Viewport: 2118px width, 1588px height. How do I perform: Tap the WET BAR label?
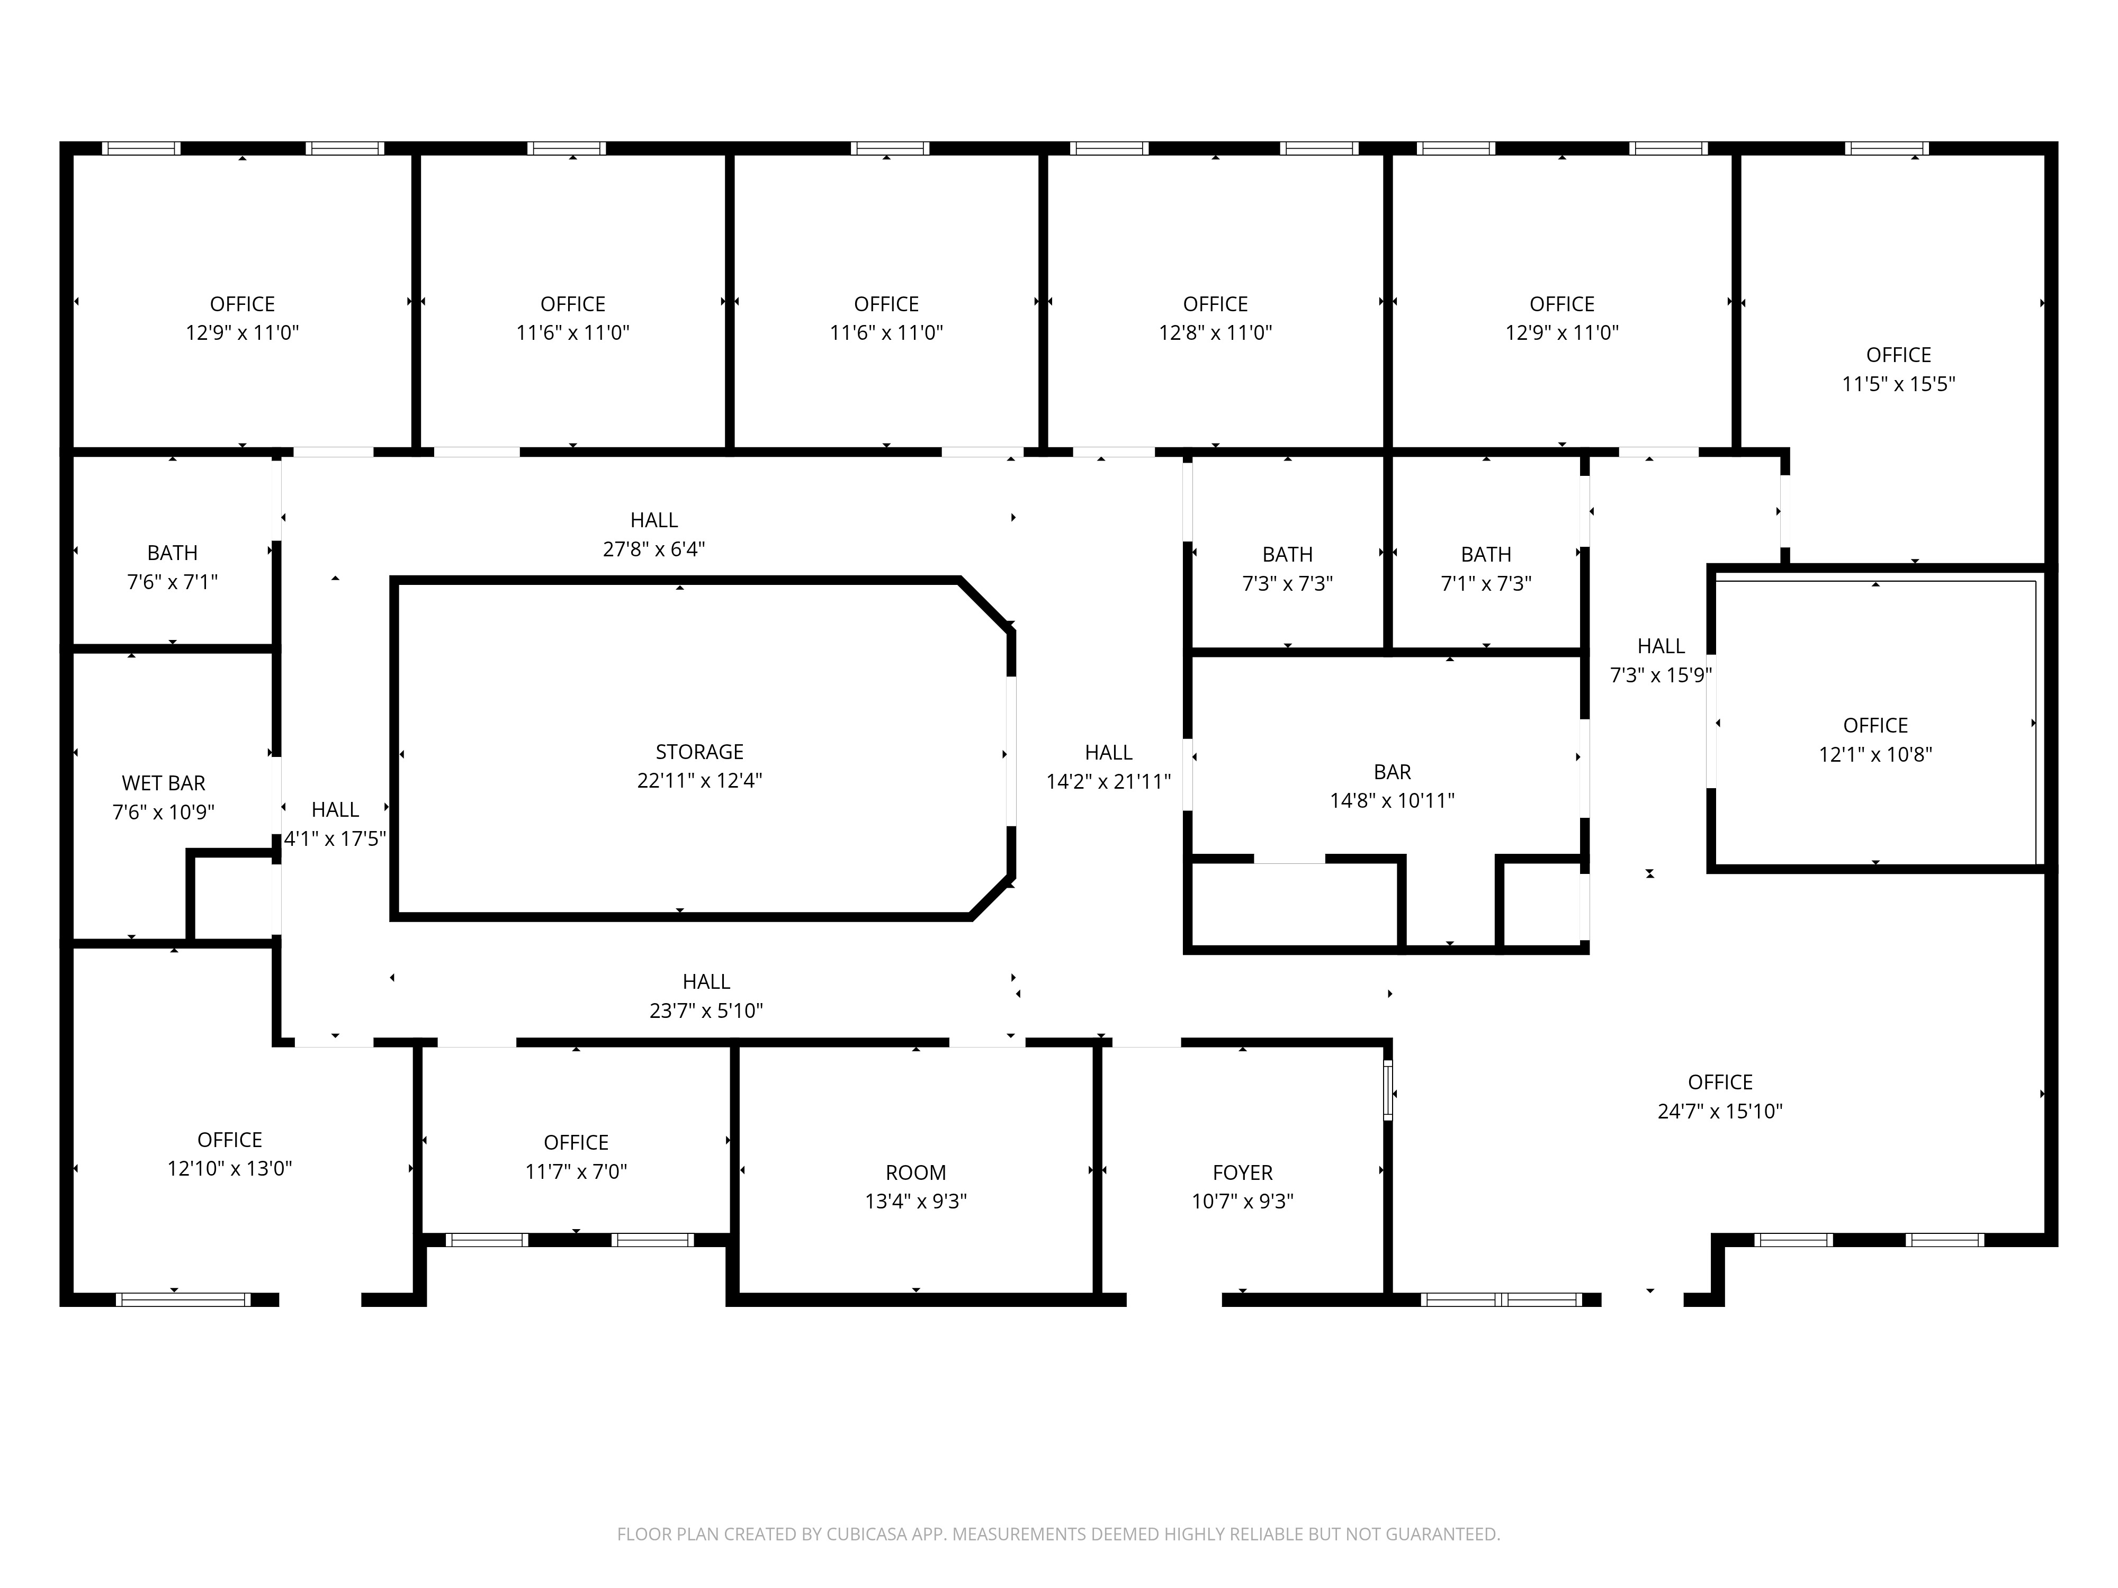tap(164, 784)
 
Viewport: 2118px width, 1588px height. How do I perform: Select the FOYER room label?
tap(1243, 1174)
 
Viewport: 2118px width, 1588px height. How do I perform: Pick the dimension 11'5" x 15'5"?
tap(1899, 384)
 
